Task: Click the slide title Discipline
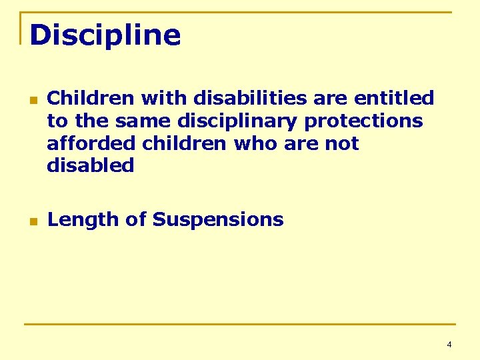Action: (105, 35)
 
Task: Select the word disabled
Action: (91, 165)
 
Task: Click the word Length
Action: (78, 219)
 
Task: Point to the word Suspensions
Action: (217, 219)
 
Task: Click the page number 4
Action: (449, 345)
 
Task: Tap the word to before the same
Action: (57, 121)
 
